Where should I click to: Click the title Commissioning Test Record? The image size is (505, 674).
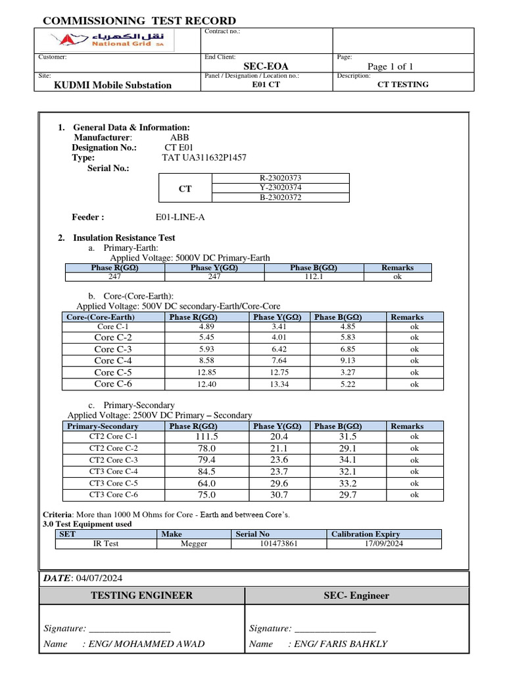pos(139,21)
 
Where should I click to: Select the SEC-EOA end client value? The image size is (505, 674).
pos(266,66)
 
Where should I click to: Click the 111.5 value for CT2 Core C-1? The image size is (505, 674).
pos(189,436)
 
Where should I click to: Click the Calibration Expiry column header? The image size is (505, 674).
pos(365,534)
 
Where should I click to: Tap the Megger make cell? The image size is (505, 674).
pos(193,544)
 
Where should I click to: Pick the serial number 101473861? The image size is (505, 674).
pos(279,544)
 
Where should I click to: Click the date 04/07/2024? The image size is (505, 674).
pos(99,578)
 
